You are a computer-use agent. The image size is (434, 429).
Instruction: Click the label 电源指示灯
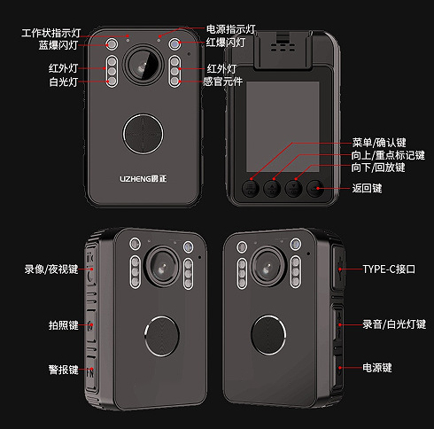(x=230, y=29)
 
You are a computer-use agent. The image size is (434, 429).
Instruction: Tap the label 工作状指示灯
(x=50, y=33)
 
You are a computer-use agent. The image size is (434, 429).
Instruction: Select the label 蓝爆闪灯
(x=58, y=45)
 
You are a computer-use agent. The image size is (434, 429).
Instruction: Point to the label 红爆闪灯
(x=226, y=43)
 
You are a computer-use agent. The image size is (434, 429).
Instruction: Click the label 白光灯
(x=63, y=82)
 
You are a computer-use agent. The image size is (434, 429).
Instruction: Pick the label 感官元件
(x=223, y=82)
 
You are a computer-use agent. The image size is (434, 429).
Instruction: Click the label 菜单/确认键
(x=379, y=143)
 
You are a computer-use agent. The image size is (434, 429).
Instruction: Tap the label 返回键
(x=367, y=188)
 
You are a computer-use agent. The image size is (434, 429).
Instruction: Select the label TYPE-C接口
(x=389, y=269)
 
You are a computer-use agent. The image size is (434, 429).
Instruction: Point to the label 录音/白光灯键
(x=394, y=324)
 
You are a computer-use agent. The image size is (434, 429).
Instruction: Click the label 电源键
(x=377, y=368)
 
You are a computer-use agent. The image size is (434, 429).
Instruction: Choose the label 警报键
(x=63, y=370)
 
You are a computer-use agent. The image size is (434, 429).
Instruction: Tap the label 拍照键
(x=63, y=325)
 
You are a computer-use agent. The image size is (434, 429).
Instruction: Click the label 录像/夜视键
(x=51, y=269)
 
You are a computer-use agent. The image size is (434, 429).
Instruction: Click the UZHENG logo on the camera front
(x=143, y=179)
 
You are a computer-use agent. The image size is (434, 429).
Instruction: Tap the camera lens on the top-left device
(x=143, y=65)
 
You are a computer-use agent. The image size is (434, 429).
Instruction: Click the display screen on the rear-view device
(x=283, y=127)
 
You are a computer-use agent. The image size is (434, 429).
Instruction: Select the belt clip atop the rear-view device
(x=283, y=50)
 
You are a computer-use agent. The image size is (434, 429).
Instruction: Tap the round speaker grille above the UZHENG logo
(x=143, y=134)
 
